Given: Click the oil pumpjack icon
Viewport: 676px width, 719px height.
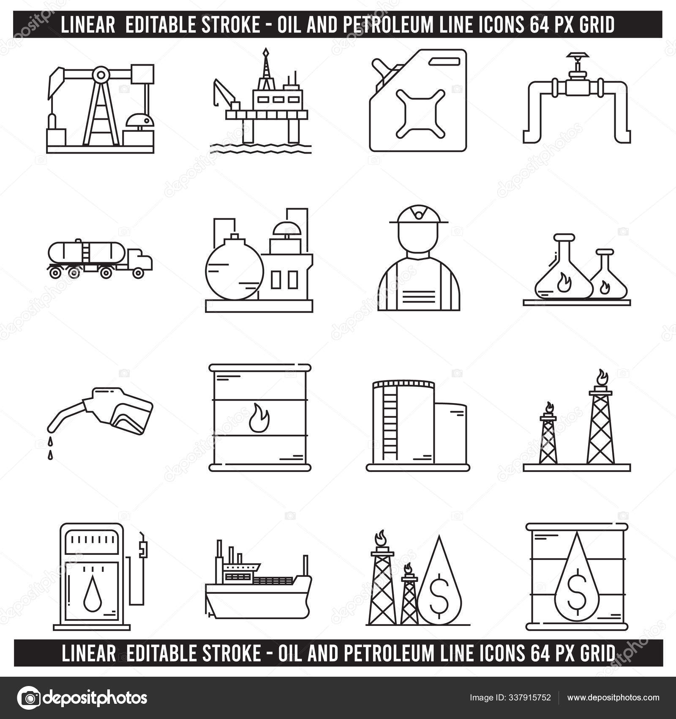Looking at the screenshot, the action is click(x=100, y=108).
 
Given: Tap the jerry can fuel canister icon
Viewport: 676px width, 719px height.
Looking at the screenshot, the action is click(x=418, y=100).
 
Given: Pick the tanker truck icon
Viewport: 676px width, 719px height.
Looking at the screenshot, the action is click(x=101, y=259).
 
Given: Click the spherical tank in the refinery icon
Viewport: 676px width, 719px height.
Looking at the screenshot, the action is click(x=234, y=266).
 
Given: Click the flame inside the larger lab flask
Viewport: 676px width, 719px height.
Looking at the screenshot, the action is click(x=564, y=283).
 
